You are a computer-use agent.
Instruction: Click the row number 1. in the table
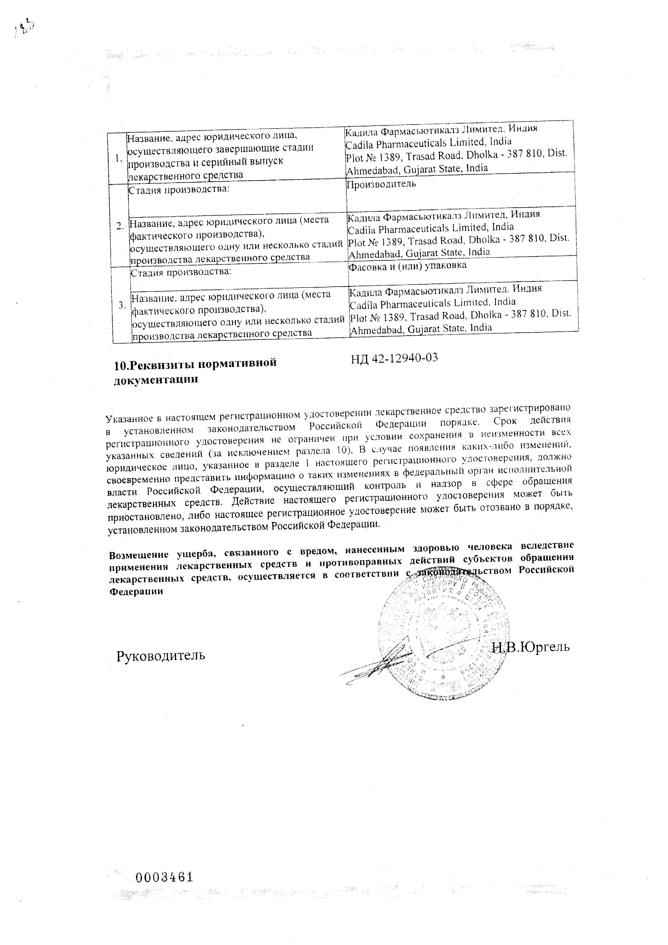coord(119,158)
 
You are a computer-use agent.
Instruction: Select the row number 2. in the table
coord(120,226)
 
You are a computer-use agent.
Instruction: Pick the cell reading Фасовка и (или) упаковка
coord(407,265)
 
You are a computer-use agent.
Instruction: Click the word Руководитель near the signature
coord(161,656)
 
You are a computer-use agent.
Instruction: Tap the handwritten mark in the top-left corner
coord(25,29)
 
